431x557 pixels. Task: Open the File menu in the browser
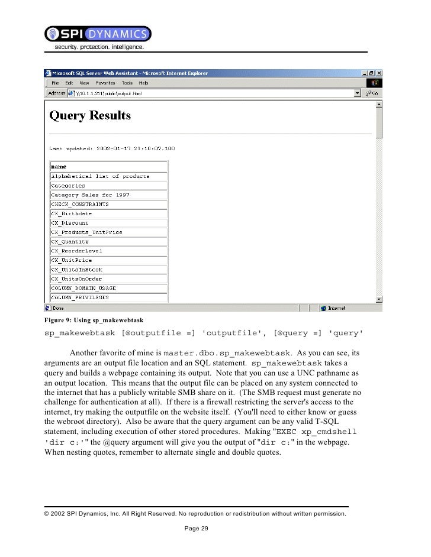click(55, 83)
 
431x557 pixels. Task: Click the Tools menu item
click(127, 83)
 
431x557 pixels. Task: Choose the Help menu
click(144, 83)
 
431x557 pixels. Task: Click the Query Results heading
click(90, 115)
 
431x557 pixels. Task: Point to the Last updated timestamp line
click(112, 148)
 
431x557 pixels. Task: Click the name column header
click(59, 167)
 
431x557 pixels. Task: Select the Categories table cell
click(68, 186)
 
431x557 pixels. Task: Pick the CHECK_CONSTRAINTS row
click(79, 204)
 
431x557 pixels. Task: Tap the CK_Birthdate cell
click(71, 213)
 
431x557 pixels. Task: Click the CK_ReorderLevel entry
click(76, 251)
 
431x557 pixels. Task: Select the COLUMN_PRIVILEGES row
click(79, 297)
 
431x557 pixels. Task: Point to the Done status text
click(59, 308)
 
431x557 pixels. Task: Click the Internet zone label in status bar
click(337, 308)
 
